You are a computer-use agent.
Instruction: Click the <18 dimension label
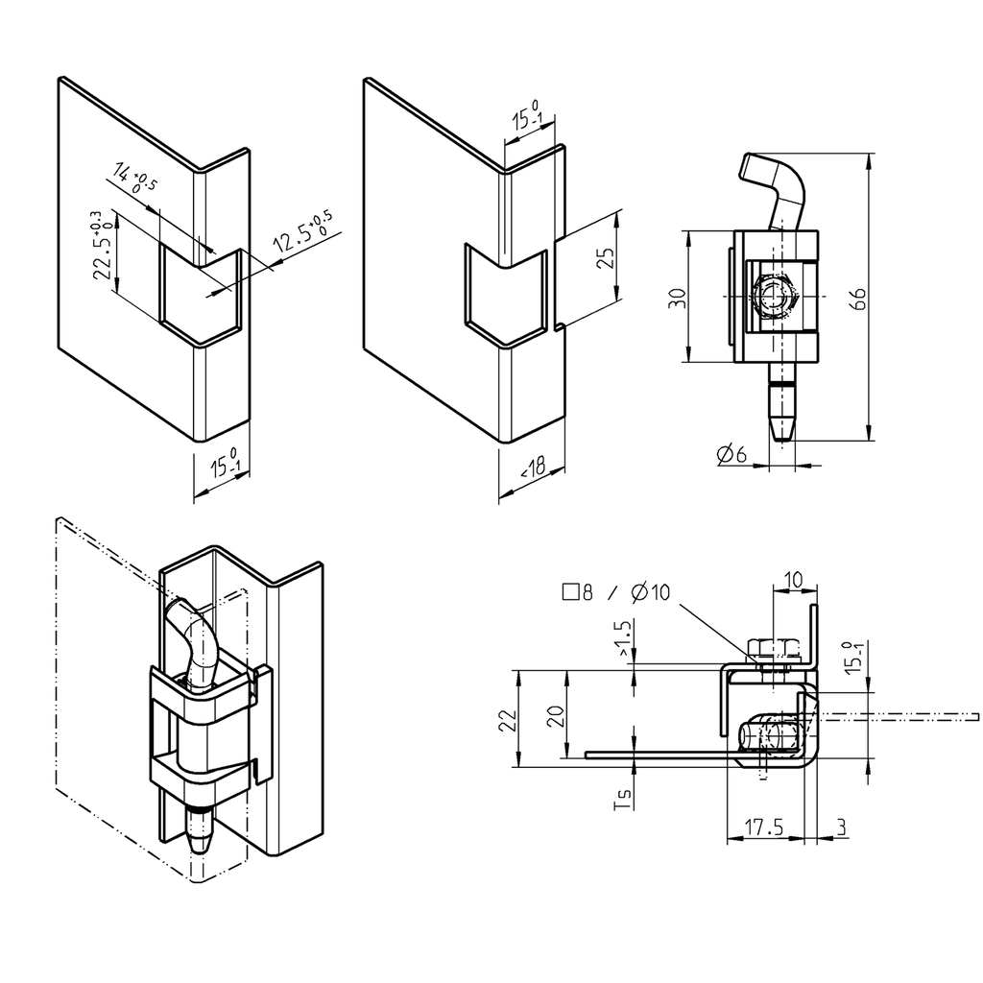(531, 469)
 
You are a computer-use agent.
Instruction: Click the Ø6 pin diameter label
(731, 454)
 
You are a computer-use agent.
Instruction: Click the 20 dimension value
(556, 718)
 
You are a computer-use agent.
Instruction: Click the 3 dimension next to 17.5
(841, 827)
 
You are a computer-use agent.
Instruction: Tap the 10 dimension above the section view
(793, 580)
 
